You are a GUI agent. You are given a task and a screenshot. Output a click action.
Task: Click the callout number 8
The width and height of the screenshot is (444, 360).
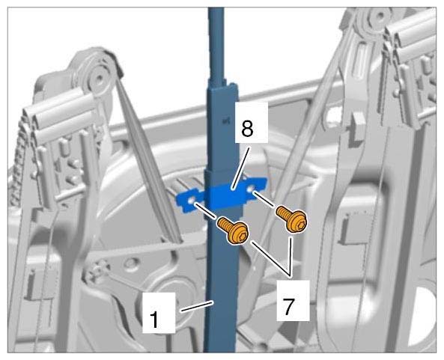click(247, 129)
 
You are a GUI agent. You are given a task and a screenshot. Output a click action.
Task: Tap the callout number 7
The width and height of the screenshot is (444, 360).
click(288, 306)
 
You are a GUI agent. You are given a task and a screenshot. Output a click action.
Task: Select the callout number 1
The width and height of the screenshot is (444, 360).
click(154, 320)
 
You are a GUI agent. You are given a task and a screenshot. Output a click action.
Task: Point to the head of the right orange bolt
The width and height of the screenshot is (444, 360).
click(296, 222)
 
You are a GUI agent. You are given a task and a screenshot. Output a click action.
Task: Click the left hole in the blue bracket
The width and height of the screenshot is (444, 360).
click(191, 201)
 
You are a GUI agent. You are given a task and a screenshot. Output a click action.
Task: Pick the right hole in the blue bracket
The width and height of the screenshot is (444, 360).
click(251, 189)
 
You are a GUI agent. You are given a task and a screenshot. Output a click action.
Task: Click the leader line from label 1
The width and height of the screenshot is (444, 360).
click(197, 307)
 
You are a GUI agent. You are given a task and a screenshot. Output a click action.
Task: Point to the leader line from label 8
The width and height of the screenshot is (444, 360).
click(240, 167)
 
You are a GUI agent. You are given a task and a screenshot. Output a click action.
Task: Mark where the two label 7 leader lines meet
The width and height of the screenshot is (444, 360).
click(290, 275)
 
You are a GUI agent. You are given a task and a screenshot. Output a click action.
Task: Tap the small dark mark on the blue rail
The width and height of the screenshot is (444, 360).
click(225, 121)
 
